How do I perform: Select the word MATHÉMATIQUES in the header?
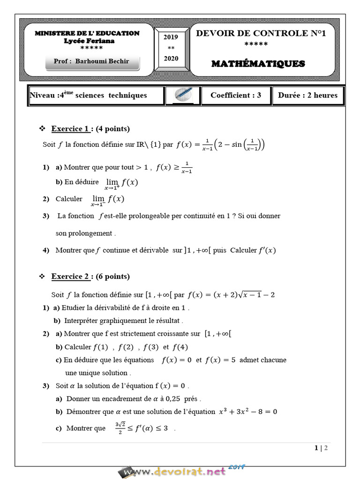point(258,64)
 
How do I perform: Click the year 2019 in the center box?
point(171,37)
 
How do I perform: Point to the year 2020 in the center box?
point(171,58)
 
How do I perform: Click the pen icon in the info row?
point(182,95)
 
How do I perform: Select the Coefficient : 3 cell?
point(236,95)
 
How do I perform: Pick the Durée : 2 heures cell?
point(307,95)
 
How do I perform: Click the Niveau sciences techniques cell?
point(89,95)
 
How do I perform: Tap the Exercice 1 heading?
point(70,129)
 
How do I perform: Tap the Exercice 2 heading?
point(70,277)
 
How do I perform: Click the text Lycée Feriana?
point(89,41)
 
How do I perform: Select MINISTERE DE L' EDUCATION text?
point(88,33)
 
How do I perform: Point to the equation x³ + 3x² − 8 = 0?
point(248,412)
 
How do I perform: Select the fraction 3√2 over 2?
point(119,427)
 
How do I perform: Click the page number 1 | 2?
point(321,448)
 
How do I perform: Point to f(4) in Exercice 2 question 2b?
point(180,347)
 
